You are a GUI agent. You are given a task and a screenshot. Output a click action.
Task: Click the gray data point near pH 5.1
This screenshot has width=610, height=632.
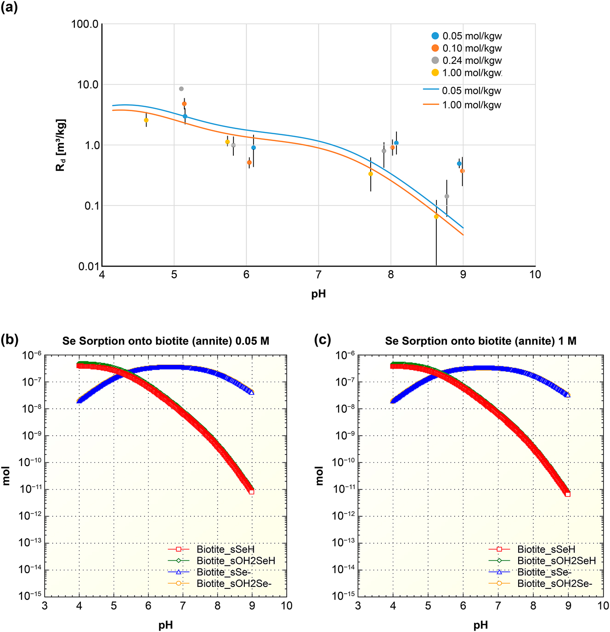[181, 89]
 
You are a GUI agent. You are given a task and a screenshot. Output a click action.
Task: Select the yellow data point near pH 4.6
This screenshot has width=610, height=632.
[146, 120]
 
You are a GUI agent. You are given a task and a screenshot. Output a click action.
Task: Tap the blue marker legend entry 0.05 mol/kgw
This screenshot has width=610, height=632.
[467, 36]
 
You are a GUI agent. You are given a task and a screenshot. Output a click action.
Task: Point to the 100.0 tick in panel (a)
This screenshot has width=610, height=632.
[85, 24]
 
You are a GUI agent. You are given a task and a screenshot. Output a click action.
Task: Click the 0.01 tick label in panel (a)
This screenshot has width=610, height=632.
[88, 266]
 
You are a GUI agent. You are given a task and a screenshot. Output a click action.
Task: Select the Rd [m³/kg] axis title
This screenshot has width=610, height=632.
[61, 145]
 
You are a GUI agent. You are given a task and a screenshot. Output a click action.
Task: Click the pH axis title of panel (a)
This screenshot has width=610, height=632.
[318, 294]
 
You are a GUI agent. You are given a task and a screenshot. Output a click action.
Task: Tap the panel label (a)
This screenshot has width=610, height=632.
[9, 7]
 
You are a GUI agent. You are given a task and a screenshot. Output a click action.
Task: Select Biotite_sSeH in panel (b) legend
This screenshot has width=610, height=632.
[225, 549]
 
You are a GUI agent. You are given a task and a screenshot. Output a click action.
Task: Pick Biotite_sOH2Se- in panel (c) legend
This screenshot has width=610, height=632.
[554, 584]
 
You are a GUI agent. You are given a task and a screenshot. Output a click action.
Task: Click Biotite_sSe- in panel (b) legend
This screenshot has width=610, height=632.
[223, 572]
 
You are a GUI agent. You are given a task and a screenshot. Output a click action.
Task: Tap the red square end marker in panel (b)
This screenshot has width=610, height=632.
[252, 492]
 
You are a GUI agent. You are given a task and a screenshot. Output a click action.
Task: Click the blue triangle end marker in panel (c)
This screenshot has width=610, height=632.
[568, 395]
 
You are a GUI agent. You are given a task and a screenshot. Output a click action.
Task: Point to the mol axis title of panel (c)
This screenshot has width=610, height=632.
[319, 476]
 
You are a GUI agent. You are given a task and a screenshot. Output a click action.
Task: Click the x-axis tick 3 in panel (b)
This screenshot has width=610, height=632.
[45, 606]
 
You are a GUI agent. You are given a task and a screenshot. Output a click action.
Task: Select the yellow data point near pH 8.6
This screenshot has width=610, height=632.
[436, 216]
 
